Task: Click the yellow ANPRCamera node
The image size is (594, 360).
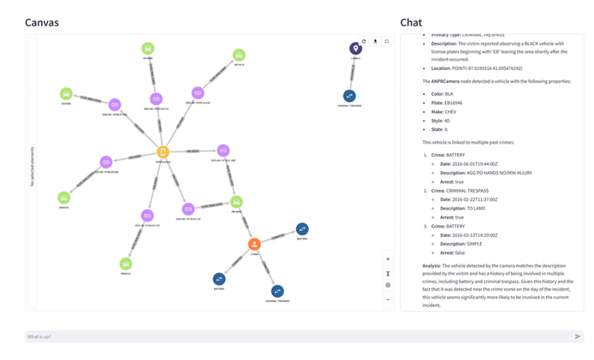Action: click(x=163, y=152)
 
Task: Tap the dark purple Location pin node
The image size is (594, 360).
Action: click(x=355, y=48)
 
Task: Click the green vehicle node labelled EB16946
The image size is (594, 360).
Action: click(x=236, y=202)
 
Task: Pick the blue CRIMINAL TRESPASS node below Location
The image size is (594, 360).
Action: click(x=349, y=96)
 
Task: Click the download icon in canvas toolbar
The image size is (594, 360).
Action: click(x=375, y=41)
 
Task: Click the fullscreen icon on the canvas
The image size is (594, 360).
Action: click(x=387, y=41)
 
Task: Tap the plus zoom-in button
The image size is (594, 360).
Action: click(x=388, y=259)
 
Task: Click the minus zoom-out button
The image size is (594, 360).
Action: click(x=388, y=299)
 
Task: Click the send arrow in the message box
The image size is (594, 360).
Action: click(x=578, y=336)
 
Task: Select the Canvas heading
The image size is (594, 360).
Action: click(x=42, y=23)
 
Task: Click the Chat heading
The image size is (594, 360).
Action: click(x=411, y=23)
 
